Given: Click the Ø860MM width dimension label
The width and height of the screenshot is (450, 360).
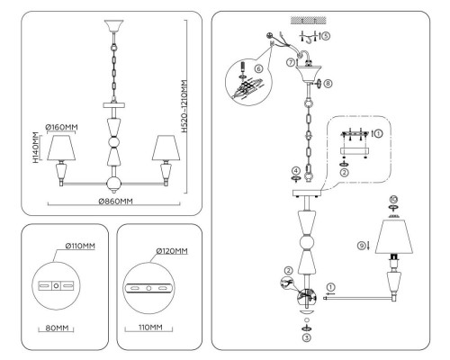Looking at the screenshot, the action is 115,202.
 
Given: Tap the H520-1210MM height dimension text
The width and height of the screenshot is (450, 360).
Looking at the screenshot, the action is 184,106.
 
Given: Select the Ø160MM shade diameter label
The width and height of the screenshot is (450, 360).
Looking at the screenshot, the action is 61,127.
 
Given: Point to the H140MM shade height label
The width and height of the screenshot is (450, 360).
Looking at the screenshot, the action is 36,148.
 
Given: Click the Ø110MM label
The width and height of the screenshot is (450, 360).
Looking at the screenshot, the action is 80,246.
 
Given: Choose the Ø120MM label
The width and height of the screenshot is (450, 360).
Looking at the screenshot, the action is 172,251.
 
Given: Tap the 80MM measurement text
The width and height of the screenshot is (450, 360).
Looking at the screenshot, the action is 57,328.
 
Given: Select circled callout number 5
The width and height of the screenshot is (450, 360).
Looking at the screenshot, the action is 326,36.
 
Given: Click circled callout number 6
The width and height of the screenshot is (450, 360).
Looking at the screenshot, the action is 258,68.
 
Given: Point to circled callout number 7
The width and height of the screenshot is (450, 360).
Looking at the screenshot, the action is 291,63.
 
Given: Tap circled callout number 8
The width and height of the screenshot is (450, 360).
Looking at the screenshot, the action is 328,83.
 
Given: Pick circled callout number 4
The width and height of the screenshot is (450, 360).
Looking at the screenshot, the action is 296,171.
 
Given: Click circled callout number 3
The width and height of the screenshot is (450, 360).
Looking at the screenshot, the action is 306,337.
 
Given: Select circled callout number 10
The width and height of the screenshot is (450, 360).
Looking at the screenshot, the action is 393,199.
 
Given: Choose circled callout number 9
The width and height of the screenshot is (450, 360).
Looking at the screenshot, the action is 362,246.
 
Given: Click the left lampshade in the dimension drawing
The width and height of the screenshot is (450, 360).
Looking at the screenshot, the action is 61,148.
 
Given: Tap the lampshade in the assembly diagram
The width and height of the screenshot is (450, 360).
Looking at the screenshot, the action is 394,237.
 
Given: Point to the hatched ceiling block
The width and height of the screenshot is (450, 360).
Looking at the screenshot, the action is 309,21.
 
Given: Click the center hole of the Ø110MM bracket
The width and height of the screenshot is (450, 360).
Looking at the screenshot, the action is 56,285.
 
